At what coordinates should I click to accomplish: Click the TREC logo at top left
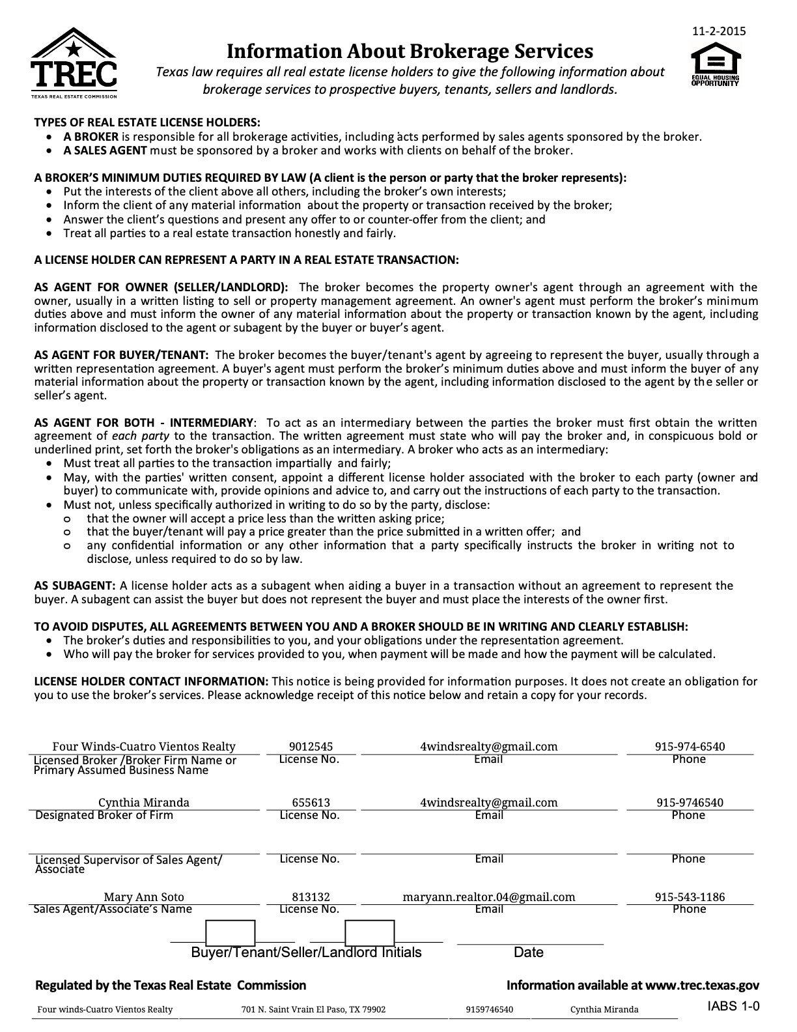[x=74, y=63]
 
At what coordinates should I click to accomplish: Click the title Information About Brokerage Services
[x=410, y=51]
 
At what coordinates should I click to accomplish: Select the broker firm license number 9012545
[x=311, y=747]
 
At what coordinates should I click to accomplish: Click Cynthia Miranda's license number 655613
[x=311, y=803]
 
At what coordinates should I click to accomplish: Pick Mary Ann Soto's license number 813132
[x=311, y=896]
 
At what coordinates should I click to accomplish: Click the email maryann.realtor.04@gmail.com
[x=489, y=896]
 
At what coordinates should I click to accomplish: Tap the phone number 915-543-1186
[x=690, y=896]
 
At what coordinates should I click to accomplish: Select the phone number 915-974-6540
[x=690, y=747]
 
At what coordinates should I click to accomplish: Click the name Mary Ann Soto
[x=144, y=896]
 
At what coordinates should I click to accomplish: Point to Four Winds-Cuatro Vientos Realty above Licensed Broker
[x=144, y=747]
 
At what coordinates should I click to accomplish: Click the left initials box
[x=230, y=932]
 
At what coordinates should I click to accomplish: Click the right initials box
[x=369, y=932]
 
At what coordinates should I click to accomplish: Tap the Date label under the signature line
[x=528, y=953]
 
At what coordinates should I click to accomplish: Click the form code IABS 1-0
[x=733, y=1007]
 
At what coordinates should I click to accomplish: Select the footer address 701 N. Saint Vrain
[x=313, y=1010]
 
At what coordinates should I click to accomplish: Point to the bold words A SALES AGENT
[x=105, y=150]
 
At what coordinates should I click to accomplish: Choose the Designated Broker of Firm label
[x=104, y=815]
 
